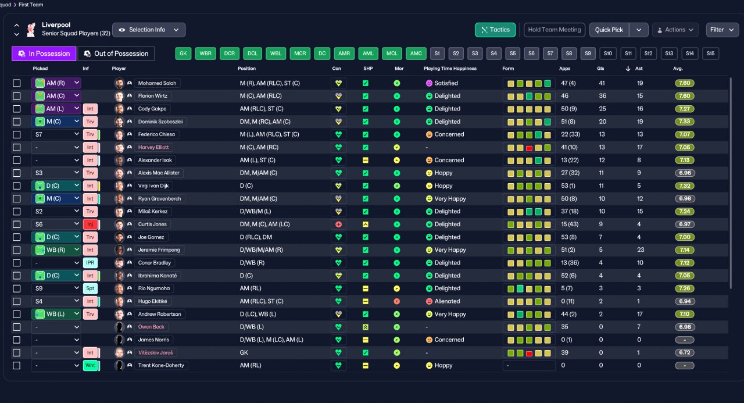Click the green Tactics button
pos(495,30)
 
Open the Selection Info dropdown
pos(149,30)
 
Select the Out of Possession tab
pos(116,54)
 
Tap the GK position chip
pos(183,54)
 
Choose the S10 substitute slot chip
pos(608,54)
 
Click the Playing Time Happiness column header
pos(450,69)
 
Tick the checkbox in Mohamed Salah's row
pos(17,83)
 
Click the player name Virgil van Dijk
pos(153,186)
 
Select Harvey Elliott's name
pos(153,147)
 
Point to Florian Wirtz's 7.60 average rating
pos(685,96)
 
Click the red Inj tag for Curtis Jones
pos(90,224)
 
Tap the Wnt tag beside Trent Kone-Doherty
pos(90,365)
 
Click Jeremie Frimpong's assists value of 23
pos(641,250)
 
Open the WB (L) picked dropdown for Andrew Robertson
pos(56,314)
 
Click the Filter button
pos(722,30)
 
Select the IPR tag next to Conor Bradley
pos(90,263)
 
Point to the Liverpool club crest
pos(31,30)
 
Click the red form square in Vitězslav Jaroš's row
pos(529,353)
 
